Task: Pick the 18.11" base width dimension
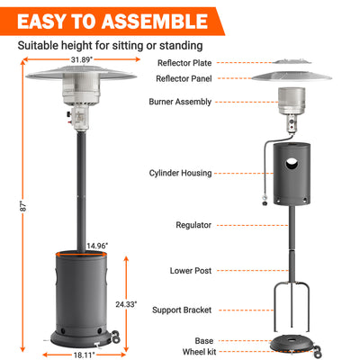pos(84,355)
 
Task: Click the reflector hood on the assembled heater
pos(85,76)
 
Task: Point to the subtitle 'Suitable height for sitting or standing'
pos(110,45)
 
